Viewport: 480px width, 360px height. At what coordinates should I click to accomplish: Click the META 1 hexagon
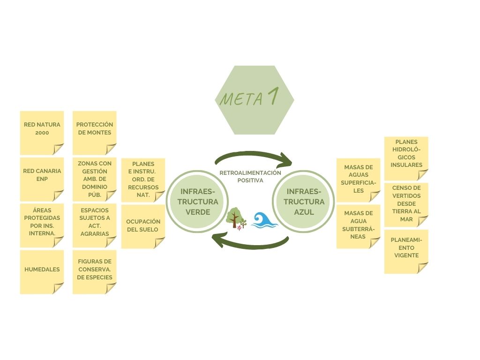(255, 100)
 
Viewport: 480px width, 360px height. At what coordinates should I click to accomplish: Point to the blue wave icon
(263, 219)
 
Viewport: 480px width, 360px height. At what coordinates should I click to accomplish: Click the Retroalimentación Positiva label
(250, 176)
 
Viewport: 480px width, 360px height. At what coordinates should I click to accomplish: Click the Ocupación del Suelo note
(143, 226)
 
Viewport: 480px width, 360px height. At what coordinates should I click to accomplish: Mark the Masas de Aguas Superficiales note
(359, 180)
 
